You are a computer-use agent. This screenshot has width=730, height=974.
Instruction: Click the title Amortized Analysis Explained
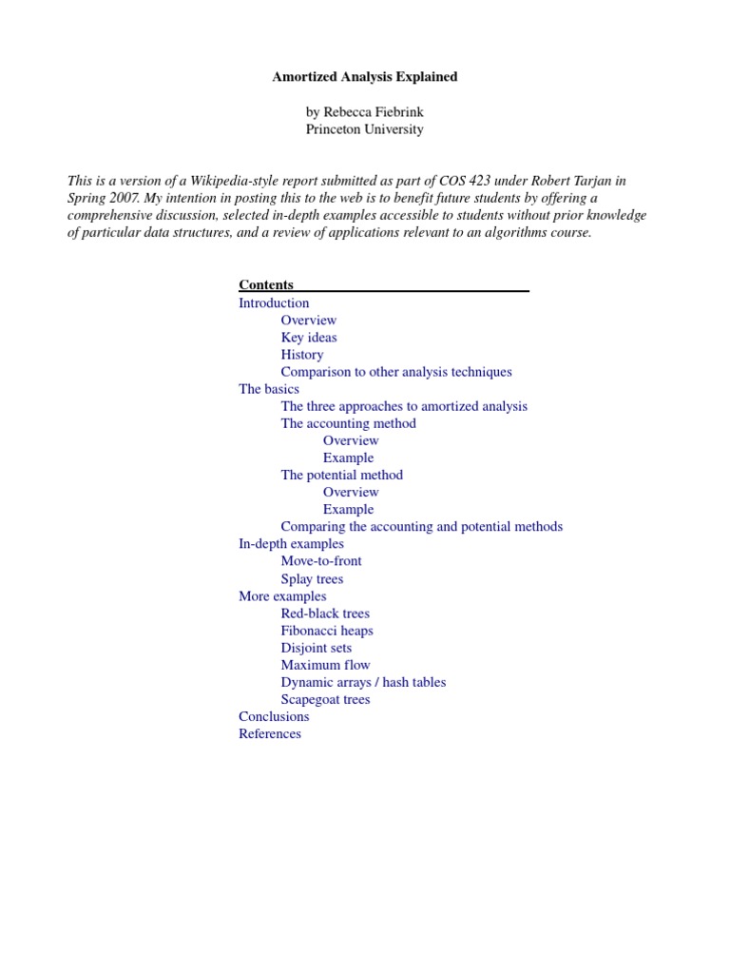point(364,77)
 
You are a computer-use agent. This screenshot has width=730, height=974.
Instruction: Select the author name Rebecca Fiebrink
point(364,112)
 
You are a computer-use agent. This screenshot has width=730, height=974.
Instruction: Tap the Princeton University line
point(364,129)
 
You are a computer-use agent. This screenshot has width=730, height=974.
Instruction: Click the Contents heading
point(266,285)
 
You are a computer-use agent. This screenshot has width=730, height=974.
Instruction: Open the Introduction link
point(274,303)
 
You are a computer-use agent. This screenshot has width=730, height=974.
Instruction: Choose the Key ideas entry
point(308,338)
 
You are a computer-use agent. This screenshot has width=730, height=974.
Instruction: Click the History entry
point(301,355)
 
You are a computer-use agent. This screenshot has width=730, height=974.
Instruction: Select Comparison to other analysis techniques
point(395,372)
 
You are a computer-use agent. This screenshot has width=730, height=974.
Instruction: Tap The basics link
point(268,389)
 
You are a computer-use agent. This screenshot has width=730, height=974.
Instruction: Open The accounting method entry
point(348,423)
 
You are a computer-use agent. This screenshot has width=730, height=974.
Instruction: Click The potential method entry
point(341,475)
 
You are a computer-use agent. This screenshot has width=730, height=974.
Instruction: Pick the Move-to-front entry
point(320,561)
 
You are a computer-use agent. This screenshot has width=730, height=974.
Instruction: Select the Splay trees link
point(312,578)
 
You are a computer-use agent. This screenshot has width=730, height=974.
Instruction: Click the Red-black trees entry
point(325,614)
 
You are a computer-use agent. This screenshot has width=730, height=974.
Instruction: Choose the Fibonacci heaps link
point(326,631)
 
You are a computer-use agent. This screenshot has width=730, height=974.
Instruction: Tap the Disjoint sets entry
point(316,648)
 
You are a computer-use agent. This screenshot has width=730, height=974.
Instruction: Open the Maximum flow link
point(325,665)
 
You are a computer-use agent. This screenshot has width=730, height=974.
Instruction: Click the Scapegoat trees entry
point(325,699)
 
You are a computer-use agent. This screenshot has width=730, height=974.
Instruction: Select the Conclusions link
point(274,716)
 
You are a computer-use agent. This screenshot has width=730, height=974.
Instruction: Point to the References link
point(270,733)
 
